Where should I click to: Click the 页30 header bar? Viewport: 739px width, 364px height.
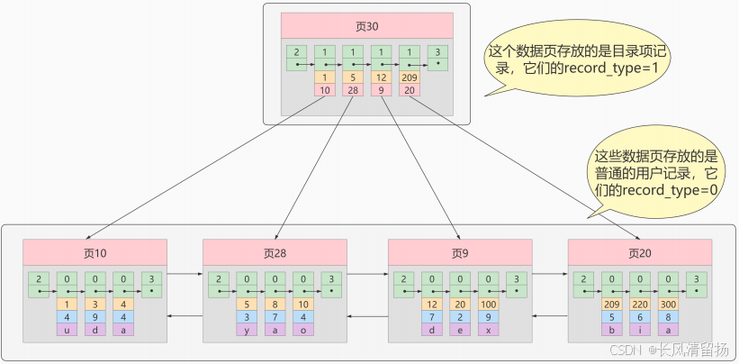(x=366, y=25)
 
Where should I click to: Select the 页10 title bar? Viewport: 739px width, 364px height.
(x=95, y=251)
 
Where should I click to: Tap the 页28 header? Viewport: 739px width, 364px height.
(x=275, y=251)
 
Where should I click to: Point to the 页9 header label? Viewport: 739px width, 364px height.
(x=459, y=251)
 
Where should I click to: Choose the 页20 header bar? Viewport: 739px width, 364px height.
(x=640, y=251)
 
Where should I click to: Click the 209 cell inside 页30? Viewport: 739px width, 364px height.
(x=410, y=77)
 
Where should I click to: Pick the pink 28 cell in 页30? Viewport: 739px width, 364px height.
(x=353, y=90)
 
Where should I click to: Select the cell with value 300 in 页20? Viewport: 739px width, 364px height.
(x=667, y=305)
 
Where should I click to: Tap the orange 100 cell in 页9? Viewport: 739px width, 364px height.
(x=487, y=305)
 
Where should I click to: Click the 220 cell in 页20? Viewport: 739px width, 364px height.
(x=639, y=305)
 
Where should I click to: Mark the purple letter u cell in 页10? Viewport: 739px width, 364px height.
(x=68, y=330)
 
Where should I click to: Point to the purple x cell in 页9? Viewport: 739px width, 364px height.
(x=487, y=330)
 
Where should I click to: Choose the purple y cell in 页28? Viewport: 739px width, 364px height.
(x=247, y=330)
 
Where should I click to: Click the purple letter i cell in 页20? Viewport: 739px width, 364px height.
(x=639, y=330)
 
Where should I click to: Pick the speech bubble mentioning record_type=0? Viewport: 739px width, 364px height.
(x=657, y=171)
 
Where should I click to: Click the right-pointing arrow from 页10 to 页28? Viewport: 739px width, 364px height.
(x=185, y=272)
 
